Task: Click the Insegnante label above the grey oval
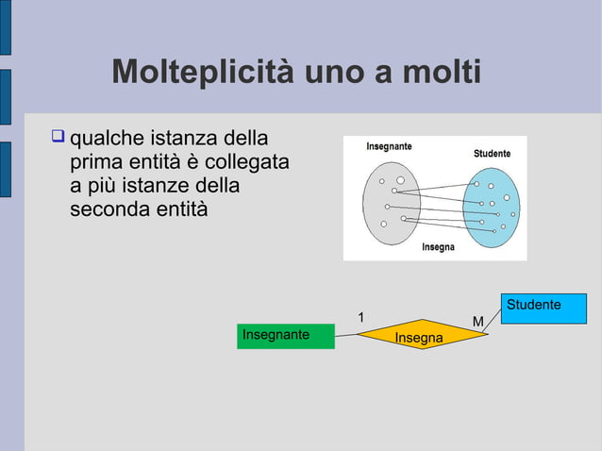click(x=376, y=146)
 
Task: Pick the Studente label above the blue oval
click(x=492, y=153)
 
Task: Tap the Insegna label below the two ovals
click(x=438, y=247)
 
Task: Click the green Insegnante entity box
click(x=287, y=337)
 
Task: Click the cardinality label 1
click(x=360, y=317)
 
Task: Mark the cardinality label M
click(x=477, y=323)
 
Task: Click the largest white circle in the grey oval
click(x=400, y=179)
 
